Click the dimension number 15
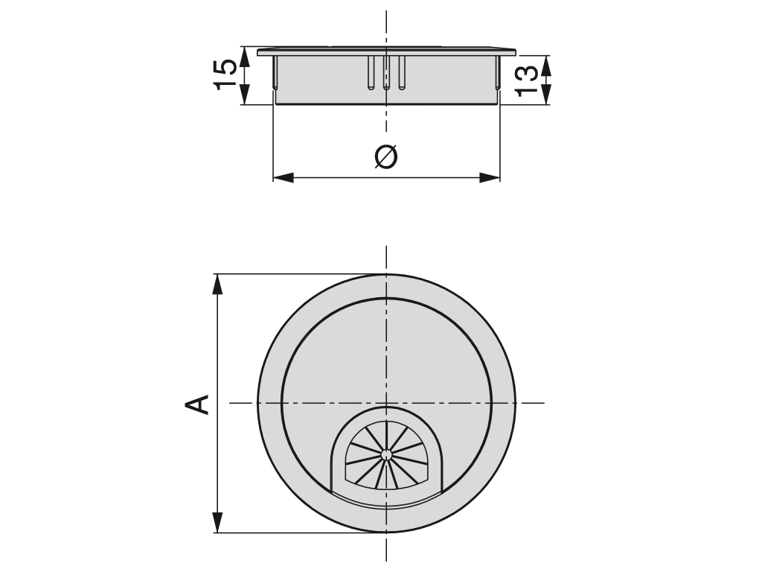226,75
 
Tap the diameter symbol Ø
386,156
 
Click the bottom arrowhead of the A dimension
217,522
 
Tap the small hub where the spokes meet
385,453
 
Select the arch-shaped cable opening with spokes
386,454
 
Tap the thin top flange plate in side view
386,52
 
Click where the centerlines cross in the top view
386,403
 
